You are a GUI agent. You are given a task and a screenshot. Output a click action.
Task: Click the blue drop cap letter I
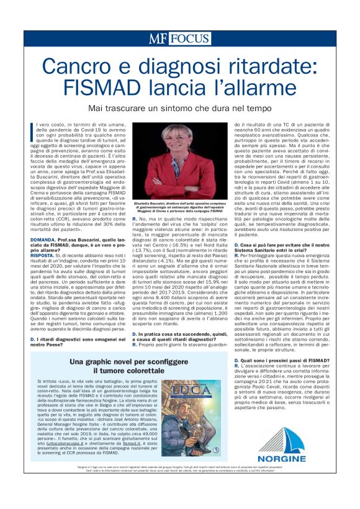pos(32,132)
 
